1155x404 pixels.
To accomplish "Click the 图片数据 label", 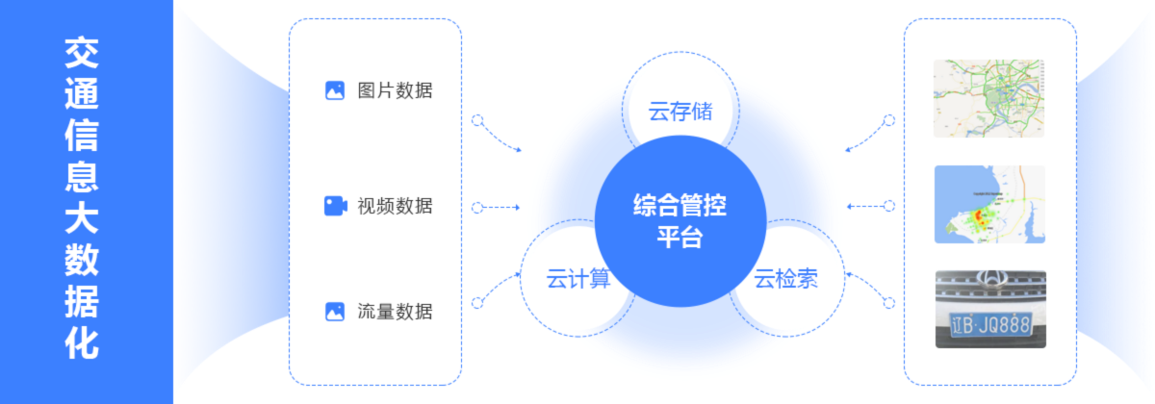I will click(395, 91).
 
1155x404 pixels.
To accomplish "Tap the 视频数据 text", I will click(395, 206).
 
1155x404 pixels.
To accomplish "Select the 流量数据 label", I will click(395, 312).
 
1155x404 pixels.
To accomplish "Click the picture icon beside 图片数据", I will click(335, 91).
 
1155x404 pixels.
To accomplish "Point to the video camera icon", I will click(335, 206).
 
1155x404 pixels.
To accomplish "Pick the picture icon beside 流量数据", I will click(335, 312).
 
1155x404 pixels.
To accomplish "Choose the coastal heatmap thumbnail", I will click(989, 204).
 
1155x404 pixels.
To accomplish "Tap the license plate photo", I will click(989, 308).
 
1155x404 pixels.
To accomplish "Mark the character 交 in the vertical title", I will click(81, 54).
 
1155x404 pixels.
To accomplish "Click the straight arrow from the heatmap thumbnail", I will click(869, 206).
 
